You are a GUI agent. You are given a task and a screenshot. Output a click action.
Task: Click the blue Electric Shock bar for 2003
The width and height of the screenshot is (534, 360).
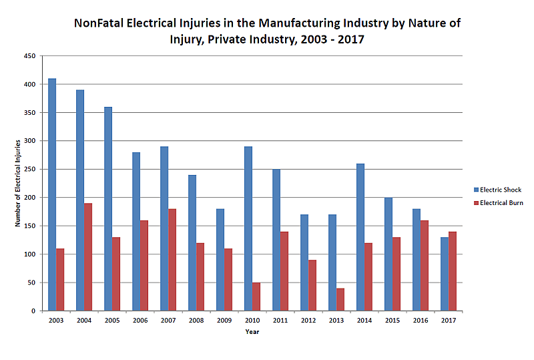point(52,194)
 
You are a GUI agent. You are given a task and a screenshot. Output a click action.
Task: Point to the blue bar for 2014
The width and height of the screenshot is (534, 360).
point(360,237)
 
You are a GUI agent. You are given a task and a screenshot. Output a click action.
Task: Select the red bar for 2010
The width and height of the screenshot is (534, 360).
point(256,297)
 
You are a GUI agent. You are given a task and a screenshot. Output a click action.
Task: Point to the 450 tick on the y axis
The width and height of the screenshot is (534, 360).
point(30,57)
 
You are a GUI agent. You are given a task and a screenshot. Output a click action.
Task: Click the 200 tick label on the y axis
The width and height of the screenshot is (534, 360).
point(30,198)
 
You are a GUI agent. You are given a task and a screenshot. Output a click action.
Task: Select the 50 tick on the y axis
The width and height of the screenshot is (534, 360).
point(31,283)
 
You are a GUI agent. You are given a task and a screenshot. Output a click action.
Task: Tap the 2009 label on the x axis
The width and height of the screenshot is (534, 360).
point(224,321)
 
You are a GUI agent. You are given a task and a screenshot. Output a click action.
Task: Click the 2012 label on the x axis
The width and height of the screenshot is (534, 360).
point(308,321)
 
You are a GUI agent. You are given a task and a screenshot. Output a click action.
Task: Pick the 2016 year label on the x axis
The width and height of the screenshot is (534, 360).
point(421,321)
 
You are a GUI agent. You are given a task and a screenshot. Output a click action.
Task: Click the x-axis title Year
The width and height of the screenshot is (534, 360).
point(252,332)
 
